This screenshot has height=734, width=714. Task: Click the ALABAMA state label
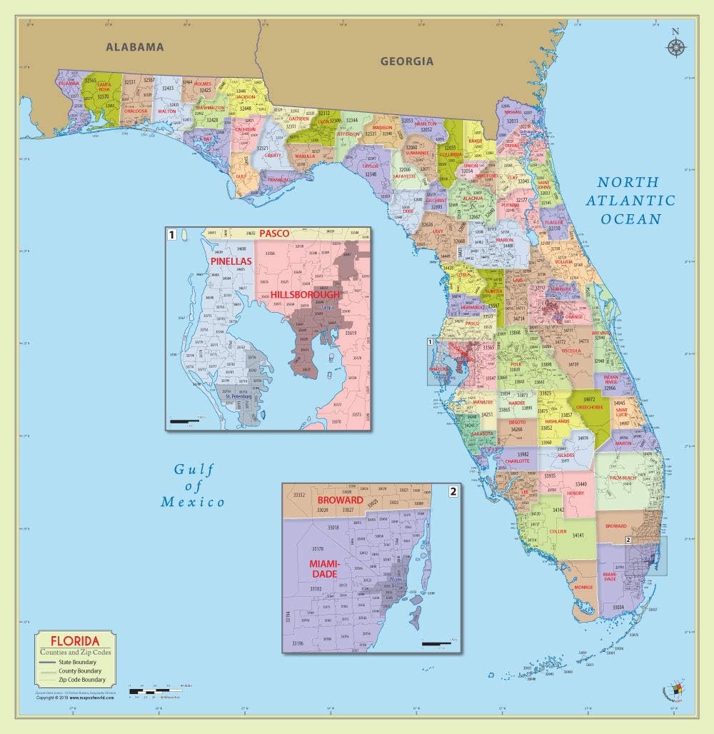[135, 48]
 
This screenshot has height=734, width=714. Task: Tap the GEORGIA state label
[406, 61]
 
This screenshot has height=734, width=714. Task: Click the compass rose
[675, 46]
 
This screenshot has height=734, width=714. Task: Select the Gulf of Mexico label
[193, 486]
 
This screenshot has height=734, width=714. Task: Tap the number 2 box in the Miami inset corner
[453, 491]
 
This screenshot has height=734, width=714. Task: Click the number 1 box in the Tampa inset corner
[171, 233]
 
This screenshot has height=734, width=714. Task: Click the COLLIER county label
[558, 532]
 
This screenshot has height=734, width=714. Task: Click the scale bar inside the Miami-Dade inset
[437, 644]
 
